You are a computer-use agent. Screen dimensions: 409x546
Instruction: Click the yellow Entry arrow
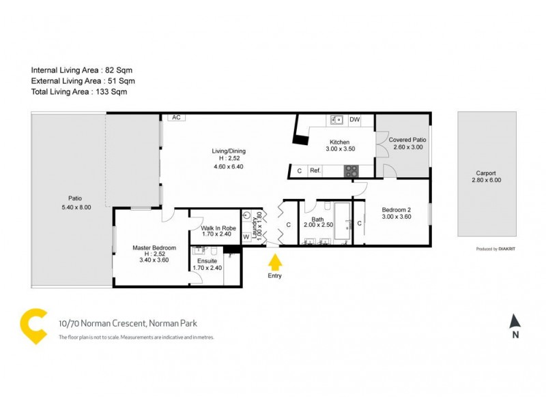tap(275, 262)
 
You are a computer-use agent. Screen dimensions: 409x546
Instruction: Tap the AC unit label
tap(175, 117)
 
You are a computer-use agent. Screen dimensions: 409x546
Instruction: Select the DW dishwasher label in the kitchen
tap(354, 120)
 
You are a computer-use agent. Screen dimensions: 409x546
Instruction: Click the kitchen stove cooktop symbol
tap(351, 172)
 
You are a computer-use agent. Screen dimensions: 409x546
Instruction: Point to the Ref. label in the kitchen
tap(315, 171)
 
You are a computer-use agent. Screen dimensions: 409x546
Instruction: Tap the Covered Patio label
tap(406, 140)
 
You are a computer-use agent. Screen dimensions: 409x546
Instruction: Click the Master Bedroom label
tap(154, 247)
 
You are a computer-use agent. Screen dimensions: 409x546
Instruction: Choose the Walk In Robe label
tap(218, 228)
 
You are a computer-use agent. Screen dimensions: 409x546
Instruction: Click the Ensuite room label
tap(207, 261)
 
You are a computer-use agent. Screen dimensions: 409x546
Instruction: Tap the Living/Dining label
tap(229, 151)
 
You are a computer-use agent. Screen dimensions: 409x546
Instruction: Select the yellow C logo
tap(33, 326)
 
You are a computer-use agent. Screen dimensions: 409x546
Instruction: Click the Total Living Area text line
tap(79, 91)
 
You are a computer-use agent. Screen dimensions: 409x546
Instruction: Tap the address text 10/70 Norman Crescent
tap(128, 324)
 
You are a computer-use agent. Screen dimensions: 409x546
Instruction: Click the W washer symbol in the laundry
tap(246, 237)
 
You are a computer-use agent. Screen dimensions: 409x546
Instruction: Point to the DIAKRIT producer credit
tap(506, 249)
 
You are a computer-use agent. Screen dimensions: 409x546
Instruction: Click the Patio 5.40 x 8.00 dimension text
tap(75, 207)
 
